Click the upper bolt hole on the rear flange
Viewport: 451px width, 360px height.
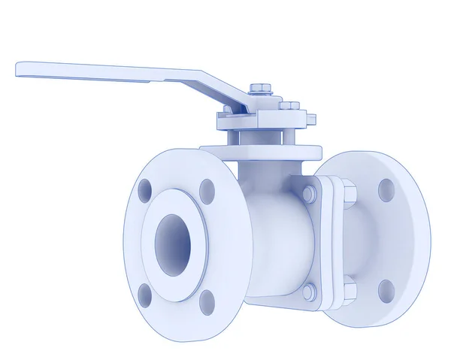(x=386, y=189)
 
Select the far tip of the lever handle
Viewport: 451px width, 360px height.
(x=21, y=69)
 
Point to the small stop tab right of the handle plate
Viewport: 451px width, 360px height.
(x=310, y=119)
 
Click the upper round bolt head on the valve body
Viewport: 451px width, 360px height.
(x=309, y=194)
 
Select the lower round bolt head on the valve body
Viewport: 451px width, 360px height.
(x=309, y=289)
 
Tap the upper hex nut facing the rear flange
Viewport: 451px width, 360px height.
(x=349, y=193)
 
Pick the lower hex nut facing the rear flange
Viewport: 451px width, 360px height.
(x=349, y=286)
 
